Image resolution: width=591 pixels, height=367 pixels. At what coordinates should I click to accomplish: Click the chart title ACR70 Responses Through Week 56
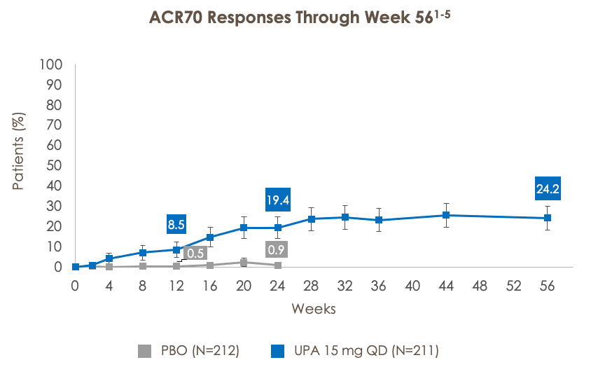(295, 18)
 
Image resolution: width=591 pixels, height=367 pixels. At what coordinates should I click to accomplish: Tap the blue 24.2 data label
(548, 188)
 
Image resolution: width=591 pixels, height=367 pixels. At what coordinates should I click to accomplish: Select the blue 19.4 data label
(278, 200)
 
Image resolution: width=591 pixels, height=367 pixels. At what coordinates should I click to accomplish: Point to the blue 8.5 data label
(176, 225)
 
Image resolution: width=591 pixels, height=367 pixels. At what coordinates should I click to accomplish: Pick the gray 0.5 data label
(195, 253)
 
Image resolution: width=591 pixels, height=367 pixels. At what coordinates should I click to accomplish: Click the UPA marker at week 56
(548, 218)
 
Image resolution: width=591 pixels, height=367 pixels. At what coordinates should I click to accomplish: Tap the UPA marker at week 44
(446, 215)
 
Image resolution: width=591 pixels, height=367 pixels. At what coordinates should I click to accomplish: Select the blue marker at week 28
(312, 219)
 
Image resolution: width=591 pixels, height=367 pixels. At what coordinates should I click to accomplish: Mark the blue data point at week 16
(210, 237)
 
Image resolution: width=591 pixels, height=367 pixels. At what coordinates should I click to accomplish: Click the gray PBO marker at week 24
(278, 265)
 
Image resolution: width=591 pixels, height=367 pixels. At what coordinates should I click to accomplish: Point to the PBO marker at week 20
(244, 263)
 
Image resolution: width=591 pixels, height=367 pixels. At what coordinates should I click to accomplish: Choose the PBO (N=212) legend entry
(189, 350)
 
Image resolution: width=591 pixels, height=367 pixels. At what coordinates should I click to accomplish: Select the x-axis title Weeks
(313, 309)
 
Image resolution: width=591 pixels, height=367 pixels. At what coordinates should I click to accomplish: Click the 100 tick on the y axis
(53, 64)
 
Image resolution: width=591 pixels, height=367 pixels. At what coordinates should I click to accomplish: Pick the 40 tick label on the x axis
(412, 286)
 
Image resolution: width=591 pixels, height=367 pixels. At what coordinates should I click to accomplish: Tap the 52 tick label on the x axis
(514, 286)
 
